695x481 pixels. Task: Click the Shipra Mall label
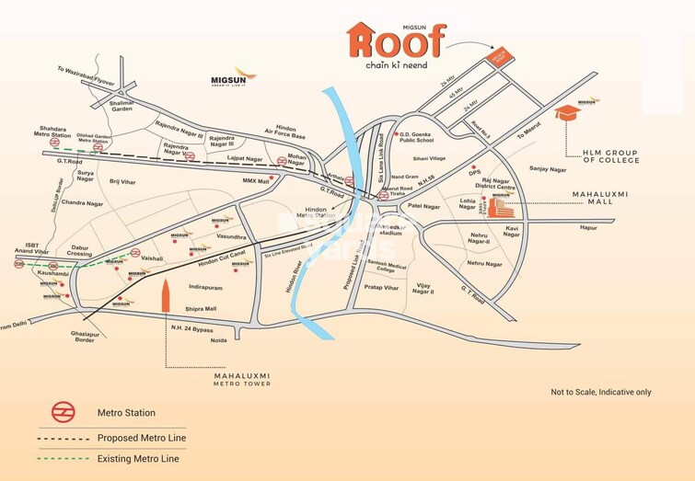pos(199,309)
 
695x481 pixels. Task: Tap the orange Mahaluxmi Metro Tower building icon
pos(166,300)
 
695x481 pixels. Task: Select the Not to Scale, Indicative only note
pos(601,392)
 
